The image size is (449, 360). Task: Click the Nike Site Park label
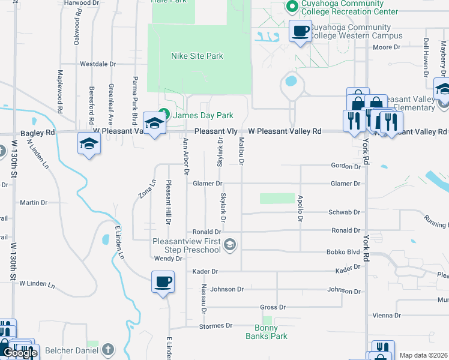coord(197,56)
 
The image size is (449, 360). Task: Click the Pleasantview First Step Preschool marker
coord(230,244)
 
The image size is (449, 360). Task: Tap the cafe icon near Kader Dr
coord(163,281)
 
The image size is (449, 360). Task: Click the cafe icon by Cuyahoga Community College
coord(300,31)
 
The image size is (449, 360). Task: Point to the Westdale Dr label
coord(98,64)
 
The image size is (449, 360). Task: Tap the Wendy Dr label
coord(168,259)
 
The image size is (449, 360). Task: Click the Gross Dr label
coord(273,307)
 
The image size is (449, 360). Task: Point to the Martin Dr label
coord(34,203)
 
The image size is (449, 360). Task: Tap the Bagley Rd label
coord(41,132)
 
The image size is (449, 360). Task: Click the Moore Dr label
coord(387,47)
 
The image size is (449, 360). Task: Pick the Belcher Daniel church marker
coord(107,349)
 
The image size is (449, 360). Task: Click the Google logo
coord(19,353)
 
